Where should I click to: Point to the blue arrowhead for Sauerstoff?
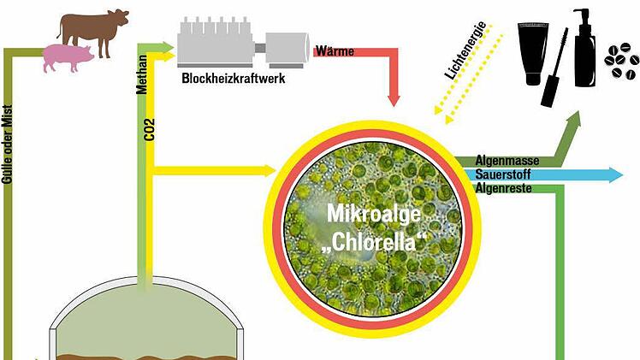point(614,175)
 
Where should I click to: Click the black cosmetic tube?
point(533,44)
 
